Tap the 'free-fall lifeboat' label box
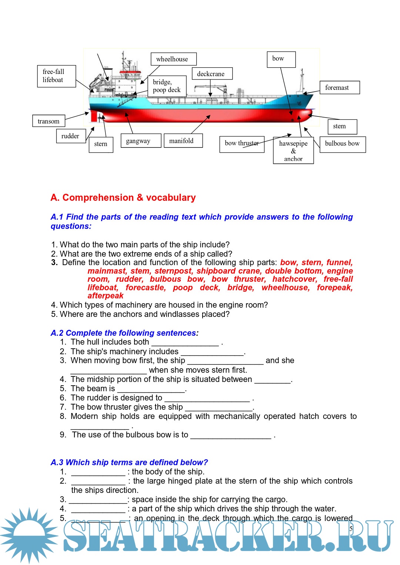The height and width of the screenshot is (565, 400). click(56, 76)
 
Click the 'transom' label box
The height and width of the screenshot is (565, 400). click(49, 121)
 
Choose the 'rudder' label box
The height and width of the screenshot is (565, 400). click(70, 136)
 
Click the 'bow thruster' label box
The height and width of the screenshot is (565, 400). click(241, 144)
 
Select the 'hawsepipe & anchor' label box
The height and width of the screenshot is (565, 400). click(293, 150)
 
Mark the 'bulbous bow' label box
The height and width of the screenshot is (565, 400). click(342, 144)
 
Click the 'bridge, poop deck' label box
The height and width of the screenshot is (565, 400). click(167, 86)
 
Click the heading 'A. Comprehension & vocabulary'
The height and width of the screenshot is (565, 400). click(123, 198)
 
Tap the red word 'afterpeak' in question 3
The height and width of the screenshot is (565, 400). click(106, 296)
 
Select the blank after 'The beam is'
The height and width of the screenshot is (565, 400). click(151, 389)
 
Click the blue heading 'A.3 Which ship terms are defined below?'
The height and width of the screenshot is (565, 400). click(129, 463)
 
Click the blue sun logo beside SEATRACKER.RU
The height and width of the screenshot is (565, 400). click(29, 535)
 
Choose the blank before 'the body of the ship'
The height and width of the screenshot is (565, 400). click(98, 472)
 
